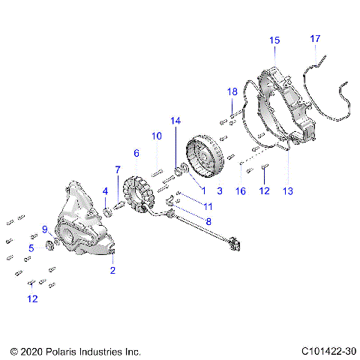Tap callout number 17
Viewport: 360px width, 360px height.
tap(315, 38)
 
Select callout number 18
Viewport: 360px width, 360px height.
tap(232, 91)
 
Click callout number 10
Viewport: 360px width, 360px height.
tap(157, 136)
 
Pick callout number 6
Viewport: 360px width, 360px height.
tap(136, 153)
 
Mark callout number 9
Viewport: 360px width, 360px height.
tap(45, 229)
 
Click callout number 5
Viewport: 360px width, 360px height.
tap(31, 247)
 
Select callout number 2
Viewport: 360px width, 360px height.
tap(113, 270)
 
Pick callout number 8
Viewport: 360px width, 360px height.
tap(208, 221)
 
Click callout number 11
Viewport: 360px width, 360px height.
tap(208, 205)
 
